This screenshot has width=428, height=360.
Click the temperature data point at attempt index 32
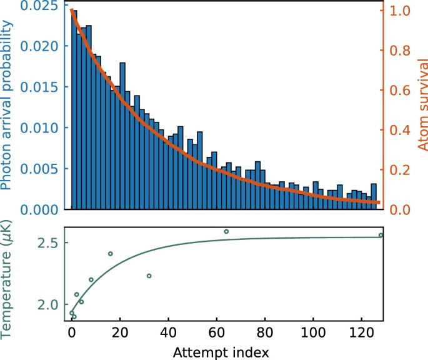(149, 276)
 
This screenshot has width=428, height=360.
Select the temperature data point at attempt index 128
(381, 235)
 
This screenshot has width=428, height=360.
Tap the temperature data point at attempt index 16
(110, 254)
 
